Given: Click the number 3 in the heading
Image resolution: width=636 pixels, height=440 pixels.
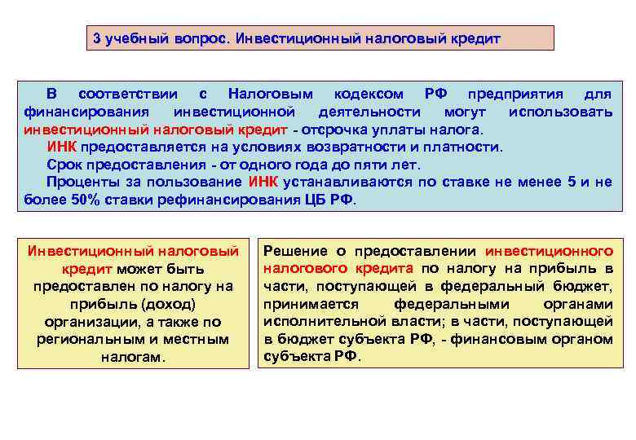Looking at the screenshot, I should click(96, 39).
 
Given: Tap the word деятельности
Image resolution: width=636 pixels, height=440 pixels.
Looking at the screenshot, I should click(369, 111).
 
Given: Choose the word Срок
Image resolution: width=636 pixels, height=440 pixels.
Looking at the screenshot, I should click(64, 165).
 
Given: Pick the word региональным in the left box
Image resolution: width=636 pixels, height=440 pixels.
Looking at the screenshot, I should click(90, 339).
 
